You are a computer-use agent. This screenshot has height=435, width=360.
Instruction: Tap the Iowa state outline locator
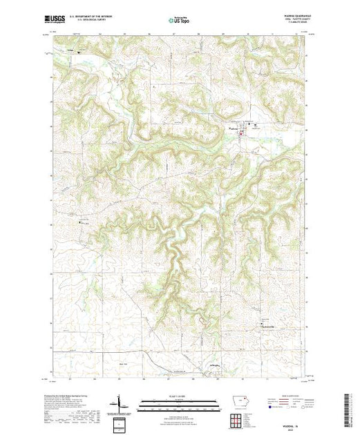pyautogui.click(x=236, y=404)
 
